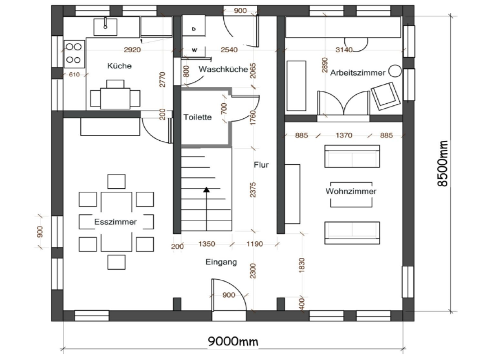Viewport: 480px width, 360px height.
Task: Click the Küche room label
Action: (119, 66)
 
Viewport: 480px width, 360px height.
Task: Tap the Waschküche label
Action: (223, 69)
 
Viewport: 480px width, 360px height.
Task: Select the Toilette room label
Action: (198, 117)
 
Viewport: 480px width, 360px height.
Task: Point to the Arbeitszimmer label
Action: (358, 73)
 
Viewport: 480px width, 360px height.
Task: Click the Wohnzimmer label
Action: (351, 191)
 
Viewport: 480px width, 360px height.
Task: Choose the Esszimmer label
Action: (116, 222)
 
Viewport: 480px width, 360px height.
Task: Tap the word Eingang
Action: (221, 262)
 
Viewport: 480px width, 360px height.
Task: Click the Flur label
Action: (261, 165)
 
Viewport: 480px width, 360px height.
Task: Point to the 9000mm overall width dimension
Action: (233, 341)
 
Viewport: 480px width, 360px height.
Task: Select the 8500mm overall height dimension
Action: (442, 164)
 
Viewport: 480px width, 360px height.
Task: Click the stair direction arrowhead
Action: (206, 190)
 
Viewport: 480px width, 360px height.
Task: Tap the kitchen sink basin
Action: (105, 26)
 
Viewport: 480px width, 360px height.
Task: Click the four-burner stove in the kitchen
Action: (74, 54)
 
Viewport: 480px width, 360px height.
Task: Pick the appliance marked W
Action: (194, 50)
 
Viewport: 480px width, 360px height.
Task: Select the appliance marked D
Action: (193, 29)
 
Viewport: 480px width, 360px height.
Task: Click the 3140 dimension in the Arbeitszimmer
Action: (344, 49)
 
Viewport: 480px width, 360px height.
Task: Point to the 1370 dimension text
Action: (344, 135)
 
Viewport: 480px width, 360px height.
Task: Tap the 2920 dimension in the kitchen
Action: (132, 49)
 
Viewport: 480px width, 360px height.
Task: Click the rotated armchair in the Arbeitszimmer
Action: (386, 96)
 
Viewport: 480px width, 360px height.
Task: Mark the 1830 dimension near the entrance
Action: (302, 265)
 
